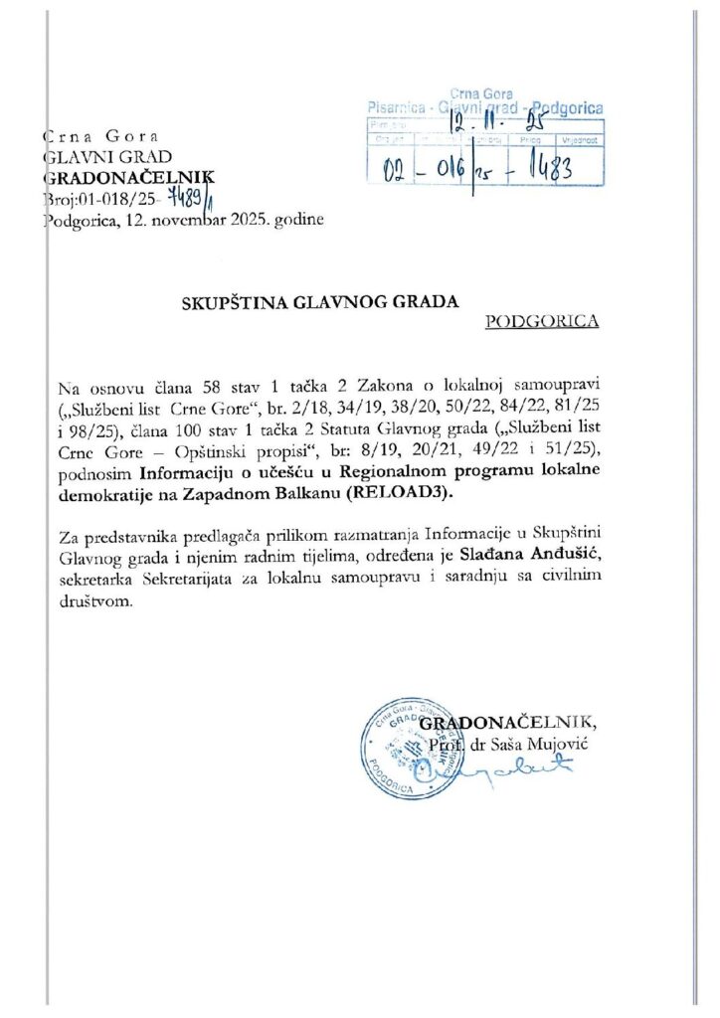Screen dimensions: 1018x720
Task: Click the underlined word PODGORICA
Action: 542,321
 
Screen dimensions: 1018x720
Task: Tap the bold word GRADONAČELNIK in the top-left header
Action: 128,178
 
